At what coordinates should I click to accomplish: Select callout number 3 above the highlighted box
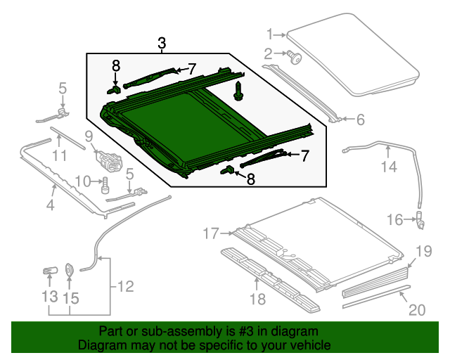coord(162,44)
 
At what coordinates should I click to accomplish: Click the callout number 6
coord(361,120)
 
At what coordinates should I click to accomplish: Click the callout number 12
coord(124,286)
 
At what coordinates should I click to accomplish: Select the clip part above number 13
coord(50,270)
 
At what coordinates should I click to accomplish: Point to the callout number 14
coord(389,167)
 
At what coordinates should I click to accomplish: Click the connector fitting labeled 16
coord(420,221)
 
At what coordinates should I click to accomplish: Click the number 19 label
coord(422,251)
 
